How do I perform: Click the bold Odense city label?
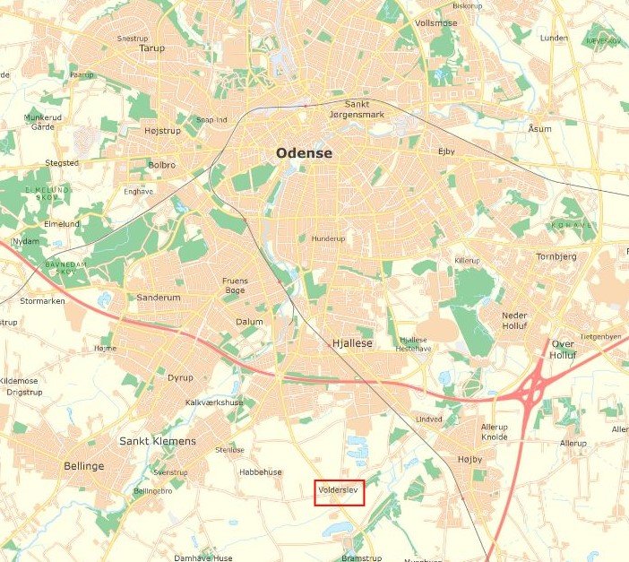304,153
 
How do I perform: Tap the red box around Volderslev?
339,493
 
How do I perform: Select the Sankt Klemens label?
158,441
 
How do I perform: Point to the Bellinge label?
84,466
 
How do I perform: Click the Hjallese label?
351,343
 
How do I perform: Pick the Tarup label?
152,48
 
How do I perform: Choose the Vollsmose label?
436,23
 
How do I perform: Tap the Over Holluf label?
563,349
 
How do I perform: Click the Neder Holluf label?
514,322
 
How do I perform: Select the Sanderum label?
159,298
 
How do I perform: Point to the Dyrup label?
180,377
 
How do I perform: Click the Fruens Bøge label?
235,285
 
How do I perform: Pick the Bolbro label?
162,165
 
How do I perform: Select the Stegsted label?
62,163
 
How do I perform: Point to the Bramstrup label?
361,558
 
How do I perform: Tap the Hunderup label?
327,239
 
